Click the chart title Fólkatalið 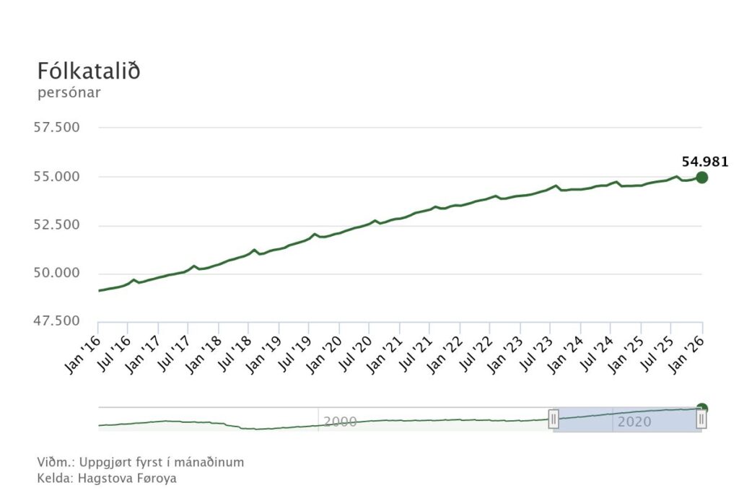click(88, 72)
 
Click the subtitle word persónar click(69, 92)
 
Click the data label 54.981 click(705, 162)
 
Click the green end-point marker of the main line click(701, 178)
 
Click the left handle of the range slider click(554, 419)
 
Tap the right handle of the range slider click(701, 419)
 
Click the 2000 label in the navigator click(340, 422)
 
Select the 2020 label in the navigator click(634, 422)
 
